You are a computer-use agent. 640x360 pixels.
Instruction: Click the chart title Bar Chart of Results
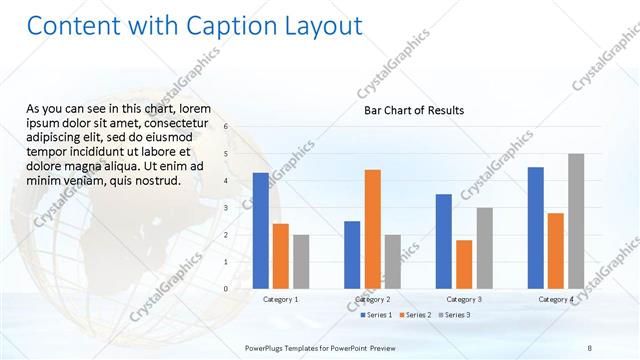coord(413,110)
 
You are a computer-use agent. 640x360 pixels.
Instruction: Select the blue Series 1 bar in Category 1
coord(261,230)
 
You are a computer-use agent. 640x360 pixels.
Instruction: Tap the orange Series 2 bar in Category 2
coord(372,228)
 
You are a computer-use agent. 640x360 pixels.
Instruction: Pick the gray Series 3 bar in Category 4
coord(575,221)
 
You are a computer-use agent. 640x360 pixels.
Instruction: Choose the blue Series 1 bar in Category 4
coord(535,227)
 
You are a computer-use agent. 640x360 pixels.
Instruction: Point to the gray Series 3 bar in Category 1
coord(301,261)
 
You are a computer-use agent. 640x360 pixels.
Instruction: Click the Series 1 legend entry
coord(376,315)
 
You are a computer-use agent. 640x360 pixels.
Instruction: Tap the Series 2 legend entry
coord(416,315)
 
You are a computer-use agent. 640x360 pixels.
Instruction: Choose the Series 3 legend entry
coord(455,315)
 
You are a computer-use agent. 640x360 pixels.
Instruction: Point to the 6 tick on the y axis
coord(227,127)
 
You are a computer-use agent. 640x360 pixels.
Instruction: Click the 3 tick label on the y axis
coord(227,208)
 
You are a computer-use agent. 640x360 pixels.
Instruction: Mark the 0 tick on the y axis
coord(227,289)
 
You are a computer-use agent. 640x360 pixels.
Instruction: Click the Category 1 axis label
coord(280,299)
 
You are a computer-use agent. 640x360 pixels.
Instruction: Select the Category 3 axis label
coord(464,299)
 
